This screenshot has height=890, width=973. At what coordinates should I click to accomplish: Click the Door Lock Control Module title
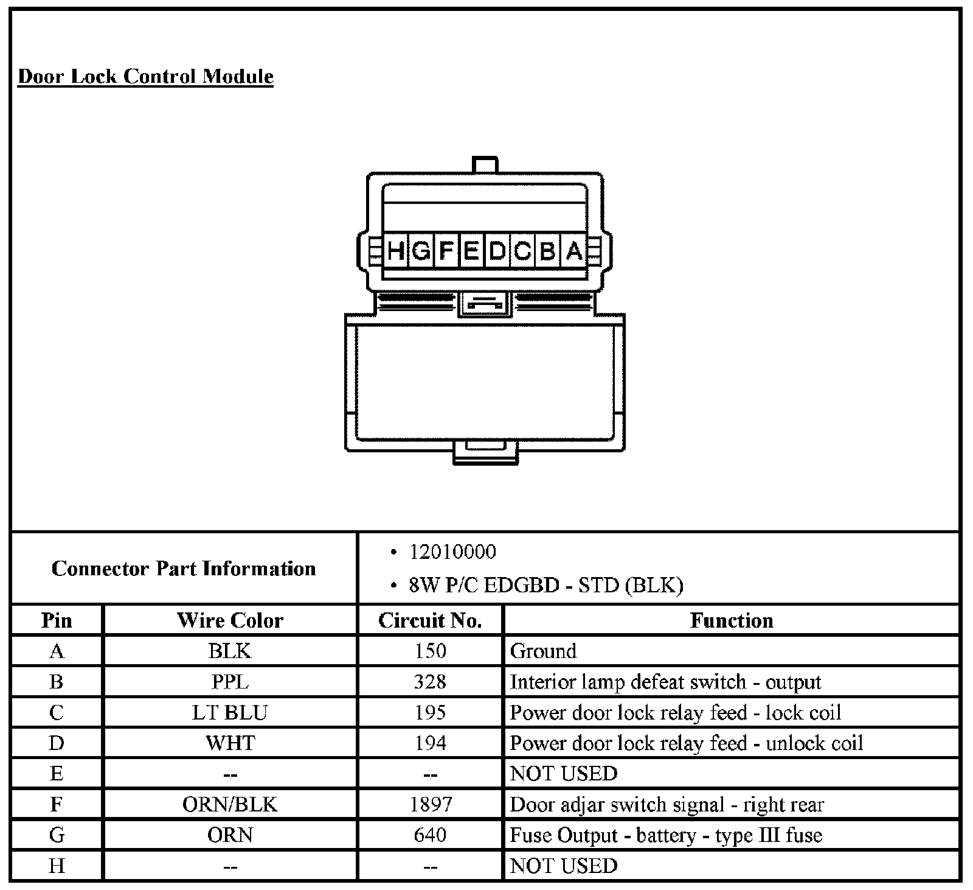coord(146,77)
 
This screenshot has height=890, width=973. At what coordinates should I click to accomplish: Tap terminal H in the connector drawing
coord(396,251)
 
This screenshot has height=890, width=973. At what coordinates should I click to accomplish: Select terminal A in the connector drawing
coord(574,251)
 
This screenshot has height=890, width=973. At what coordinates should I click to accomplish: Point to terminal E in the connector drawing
coord(471,251)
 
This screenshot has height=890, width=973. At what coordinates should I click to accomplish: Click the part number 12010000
coord(452,552)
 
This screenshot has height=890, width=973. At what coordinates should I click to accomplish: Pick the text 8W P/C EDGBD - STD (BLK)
coord(545,585)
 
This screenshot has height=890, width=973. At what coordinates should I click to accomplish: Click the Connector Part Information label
coord(184,569)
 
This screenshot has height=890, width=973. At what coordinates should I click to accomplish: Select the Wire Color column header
coord(230,620)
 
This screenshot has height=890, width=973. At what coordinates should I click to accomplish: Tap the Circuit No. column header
coord(430,620)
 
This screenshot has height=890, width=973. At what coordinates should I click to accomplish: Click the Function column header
coord(732,620)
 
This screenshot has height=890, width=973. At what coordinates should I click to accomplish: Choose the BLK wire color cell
coord(230,651)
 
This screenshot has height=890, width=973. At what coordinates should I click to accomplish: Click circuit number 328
coord(430,682)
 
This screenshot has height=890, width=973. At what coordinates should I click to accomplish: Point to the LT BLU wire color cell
coord(230,712)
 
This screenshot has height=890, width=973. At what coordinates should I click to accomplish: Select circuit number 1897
coord(430,804)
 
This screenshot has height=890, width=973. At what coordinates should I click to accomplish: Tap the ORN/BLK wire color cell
coord(230,804)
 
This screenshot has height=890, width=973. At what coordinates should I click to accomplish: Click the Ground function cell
coord(543,651)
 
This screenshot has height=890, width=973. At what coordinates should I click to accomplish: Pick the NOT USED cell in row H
coord(564,866)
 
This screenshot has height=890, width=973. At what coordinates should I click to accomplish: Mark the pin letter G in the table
coord(57,835)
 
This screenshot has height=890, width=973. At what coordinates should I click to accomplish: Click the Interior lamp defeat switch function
coord(665,682)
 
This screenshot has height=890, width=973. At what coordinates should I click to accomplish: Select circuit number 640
coord(430,835)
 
